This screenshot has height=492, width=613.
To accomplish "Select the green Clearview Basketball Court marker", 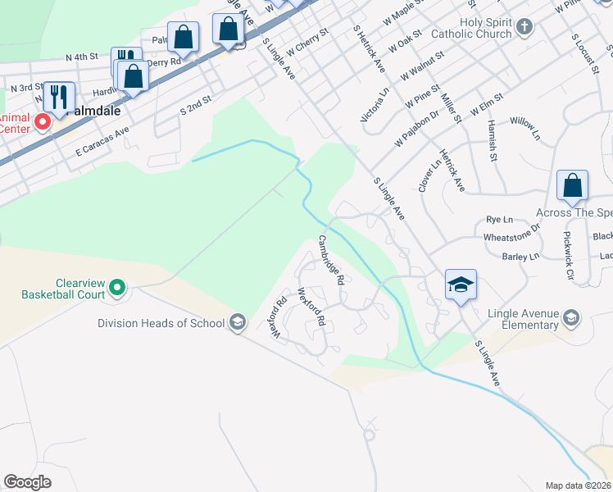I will pos(117,287).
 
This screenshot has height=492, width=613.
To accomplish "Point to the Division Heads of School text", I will pos(161,323).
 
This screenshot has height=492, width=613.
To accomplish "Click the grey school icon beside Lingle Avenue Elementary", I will pos(571,317).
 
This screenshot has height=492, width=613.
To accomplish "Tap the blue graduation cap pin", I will pos(461,285).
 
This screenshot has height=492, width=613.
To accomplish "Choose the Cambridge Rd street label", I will pos(331,260).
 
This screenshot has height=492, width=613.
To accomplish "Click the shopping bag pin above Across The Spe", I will pos(572,185).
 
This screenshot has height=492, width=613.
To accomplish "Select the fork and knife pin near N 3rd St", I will pos(58,97).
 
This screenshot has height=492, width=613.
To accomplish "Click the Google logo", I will pos(27,481).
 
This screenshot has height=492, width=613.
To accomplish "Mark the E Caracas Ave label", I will pos(102,142).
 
